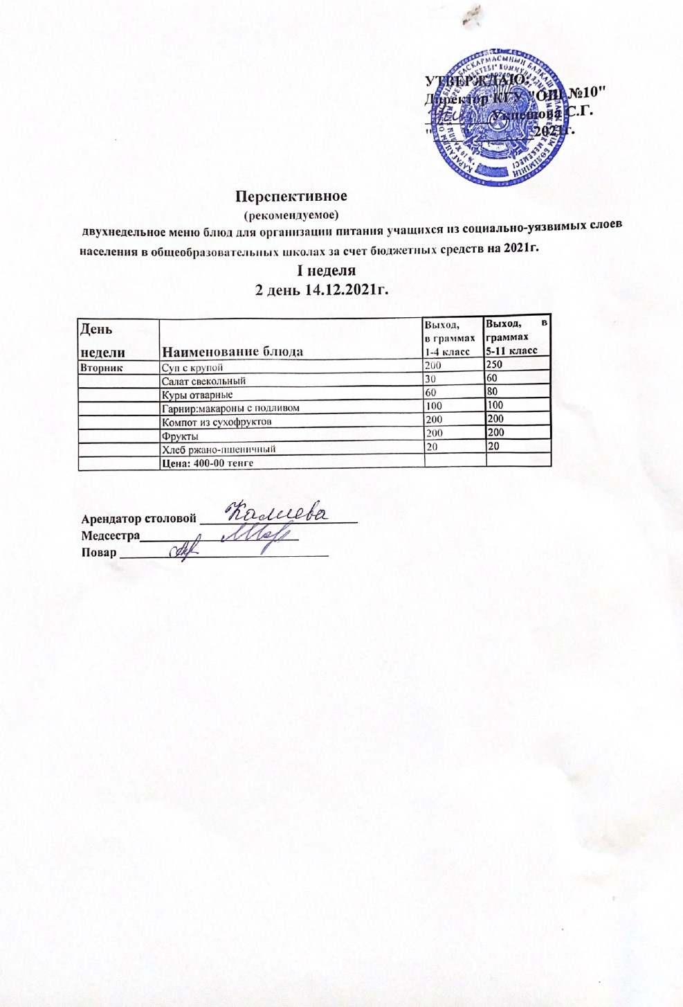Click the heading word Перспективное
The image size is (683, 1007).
pos(291,196)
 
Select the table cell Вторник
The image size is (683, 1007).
pos(102,368)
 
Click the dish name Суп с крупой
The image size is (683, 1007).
pos(192,368)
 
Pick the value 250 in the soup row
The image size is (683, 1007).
pos(494,364)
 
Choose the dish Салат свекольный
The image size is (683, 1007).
pos(203,381)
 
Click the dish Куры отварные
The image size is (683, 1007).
pos(197,395)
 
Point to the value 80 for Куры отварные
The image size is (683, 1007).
pos(492,391)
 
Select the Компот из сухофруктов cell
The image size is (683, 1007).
pos(216,421)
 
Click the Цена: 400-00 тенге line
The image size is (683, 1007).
pos(207,463)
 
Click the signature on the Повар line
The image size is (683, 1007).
pos(185,549)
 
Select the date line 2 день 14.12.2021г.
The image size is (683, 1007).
pos(322,290)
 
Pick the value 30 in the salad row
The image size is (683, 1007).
pos(431,379)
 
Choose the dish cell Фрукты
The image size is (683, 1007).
pos(180,436)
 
